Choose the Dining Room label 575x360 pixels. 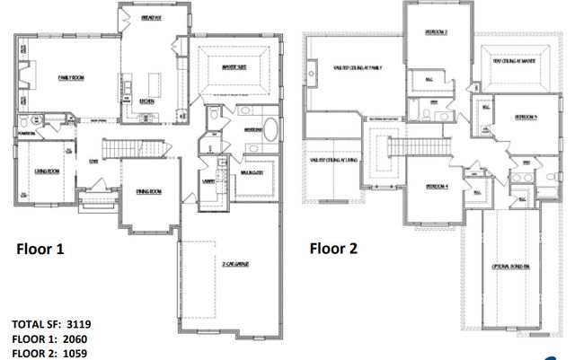148,191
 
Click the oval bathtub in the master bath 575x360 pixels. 270,148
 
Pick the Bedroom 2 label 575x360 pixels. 436,33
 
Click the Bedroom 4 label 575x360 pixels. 437,186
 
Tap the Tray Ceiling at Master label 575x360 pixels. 515,61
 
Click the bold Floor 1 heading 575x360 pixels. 41,249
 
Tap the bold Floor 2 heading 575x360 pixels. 333,249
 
